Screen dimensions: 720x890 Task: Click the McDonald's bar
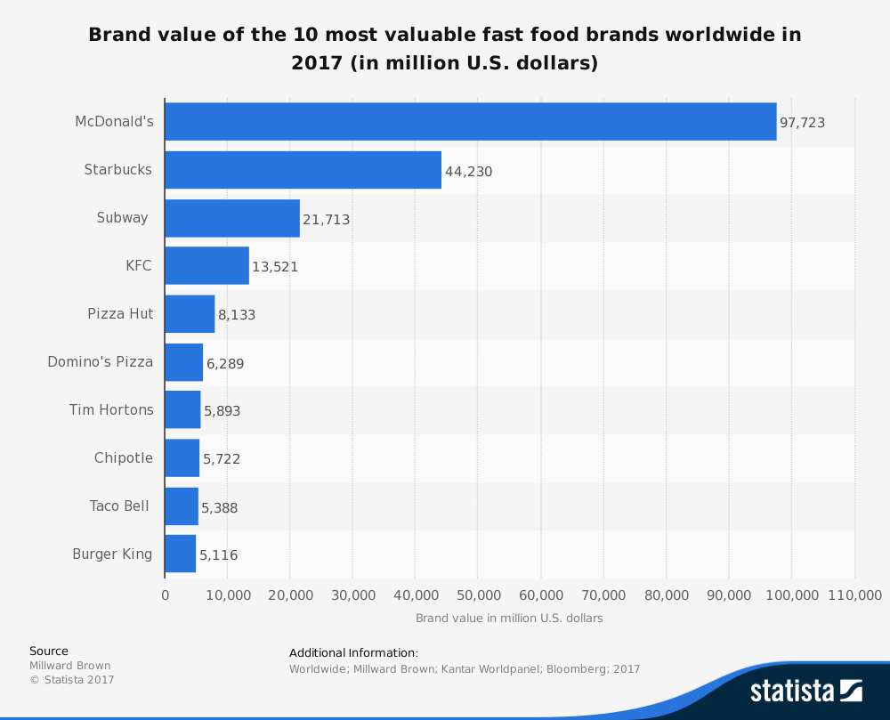click(x=470, y=121)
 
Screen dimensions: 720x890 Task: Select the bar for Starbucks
click(x=303, y=169)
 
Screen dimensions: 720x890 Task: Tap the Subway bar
click(x=232, y=218)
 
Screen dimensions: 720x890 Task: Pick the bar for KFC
click(x=206, y=265)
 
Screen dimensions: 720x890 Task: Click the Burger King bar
click(x=181, y=554)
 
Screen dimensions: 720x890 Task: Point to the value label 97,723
click(x=802, y=123)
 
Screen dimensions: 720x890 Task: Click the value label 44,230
click(x=468, y=171)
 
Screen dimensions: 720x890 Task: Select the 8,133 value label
click(x=237, y=315)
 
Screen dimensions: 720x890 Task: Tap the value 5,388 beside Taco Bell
click(x=219, y=507)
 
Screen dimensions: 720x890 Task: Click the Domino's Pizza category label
click(x=100, y=361)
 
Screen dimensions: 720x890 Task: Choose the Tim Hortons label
click(x=111, y=409)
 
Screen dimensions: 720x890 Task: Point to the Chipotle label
click(x=124, y=457)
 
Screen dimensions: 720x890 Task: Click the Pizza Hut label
click(x=120, y=313)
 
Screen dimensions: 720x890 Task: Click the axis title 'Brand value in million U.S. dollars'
click(x=509, y=618)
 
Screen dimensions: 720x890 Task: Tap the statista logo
click(x=805, y=690)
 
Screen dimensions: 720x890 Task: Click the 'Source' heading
click(x=49, y=651)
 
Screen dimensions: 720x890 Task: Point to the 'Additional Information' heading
click(x=353, y=652)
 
